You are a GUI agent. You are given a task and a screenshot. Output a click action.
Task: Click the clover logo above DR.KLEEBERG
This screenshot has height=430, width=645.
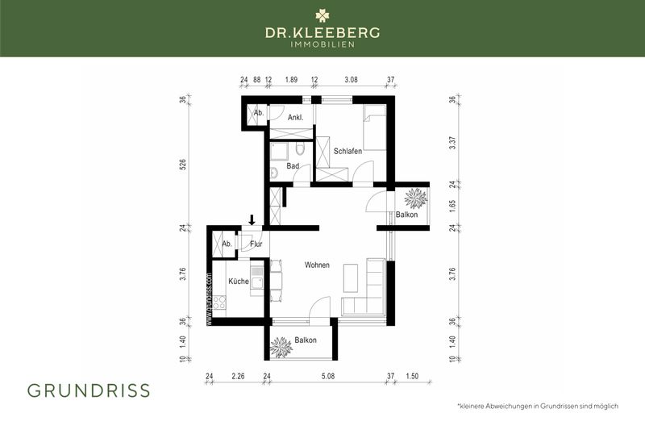pos(322,15)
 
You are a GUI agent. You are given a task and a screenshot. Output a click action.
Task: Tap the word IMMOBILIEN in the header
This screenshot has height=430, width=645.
pos(322,44)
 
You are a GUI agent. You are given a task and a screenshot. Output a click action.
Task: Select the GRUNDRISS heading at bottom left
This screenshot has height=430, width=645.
pos(89,390)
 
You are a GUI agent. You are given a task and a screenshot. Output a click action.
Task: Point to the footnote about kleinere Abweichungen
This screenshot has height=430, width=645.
pos(537,406)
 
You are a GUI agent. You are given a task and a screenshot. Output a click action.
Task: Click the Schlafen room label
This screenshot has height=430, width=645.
pos(347,151)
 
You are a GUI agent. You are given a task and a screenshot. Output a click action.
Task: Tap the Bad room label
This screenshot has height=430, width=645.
pos(293,166)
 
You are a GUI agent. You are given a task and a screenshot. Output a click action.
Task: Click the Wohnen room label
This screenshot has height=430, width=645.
pos(317,265)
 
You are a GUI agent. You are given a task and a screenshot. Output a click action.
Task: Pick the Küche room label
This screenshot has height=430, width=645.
pos(238,282)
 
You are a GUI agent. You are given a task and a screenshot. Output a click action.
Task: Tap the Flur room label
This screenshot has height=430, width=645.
pos(256,244)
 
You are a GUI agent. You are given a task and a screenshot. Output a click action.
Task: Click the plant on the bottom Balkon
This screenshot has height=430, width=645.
pos(281,347)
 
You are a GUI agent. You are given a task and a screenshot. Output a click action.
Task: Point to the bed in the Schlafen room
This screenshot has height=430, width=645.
pos(373,125)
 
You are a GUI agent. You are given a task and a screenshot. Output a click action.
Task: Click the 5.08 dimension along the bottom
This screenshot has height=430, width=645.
pos(327,376)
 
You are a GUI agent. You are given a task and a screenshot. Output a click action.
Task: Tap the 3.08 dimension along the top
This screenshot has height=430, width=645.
pos(351,80)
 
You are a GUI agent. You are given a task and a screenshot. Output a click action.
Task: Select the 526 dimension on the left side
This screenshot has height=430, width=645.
pos(183,165)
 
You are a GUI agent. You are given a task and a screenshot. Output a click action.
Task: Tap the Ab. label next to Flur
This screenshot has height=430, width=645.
pos(227,244)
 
